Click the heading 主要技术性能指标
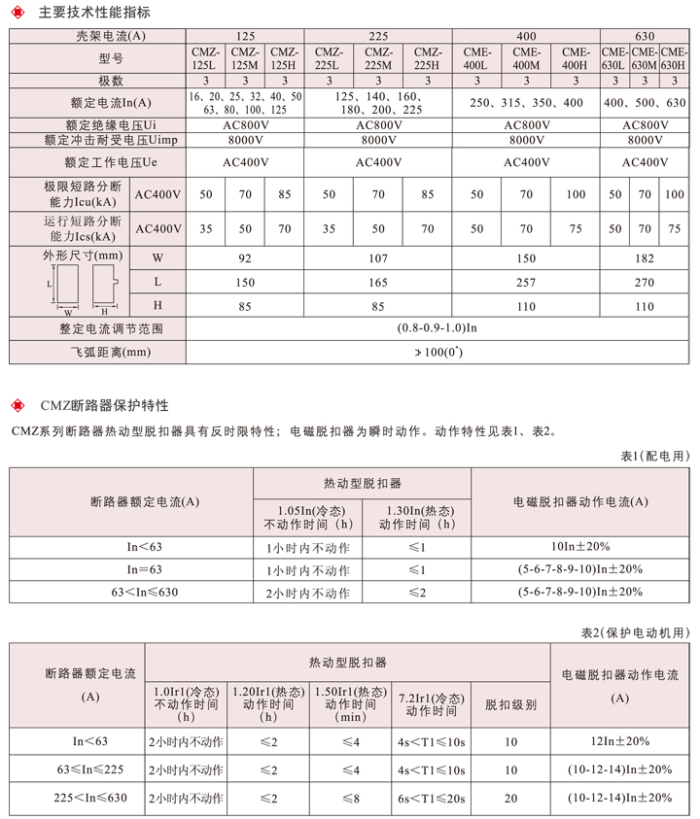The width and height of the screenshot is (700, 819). click(x=94, y=13)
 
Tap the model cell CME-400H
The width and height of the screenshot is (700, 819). click(x=576, y=58)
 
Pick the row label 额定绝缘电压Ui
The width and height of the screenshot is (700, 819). click(x=98, y=125)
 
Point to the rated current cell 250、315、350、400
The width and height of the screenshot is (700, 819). click(x=526, y=103)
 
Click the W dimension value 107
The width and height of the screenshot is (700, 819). click(x=378, y=258)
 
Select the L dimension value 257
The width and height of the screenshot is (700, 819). click(x=526, y=282)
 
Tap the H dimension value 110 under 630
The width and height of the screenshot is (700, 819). click(x=644, y=306)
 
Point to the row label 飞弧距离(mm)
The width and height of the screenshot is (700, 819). click(x=98, y=352)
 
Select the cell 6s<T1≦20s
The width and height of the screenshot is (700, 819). click(x=432, y=798)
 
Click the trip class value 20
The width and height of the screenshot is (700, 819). click(x=510, y=798)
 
